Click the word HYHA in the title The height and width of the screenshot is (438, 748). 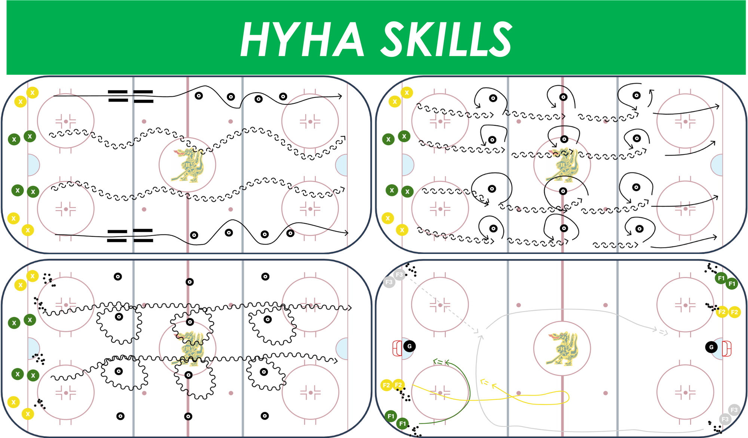(302, 39)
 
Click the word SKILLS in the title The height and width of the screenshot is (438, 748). (447, 39)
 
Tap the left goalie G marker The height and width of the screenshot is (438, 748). (410, 346)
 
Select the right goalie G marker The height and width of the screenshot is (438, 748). (711, 347)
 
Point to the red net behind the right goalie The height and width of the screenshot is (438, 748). (727, 348)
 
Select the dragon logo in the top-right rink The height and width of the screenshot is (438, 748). (562, 165)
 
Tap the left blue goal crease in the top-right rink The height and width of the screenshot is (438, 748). (408, 165)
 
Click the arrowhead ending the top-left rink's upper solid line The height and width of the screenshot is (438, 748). (340, 96)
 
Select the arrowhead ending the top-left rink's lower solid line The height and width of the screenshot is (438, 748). (346, 233)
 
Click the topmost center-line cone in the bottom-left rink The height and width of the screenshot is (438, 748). (190, 282)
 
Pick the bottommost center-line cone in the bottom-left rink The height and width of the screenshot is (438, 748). (188, 416)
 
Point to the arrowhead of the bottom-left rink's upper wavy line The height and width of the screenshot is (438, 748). (350, 308)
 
